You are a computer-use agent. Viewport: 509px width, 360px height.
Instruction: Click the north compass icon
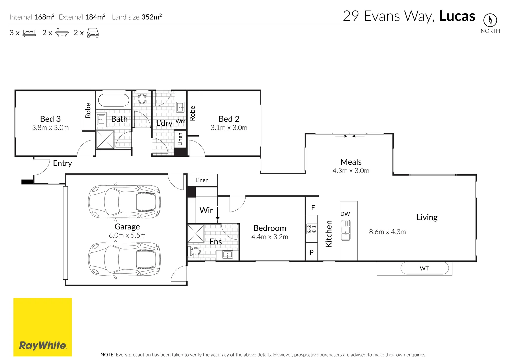(x=490, y=20)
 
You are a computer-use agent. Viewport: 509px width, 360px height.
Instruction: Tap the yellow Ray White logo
(x=42, y=327)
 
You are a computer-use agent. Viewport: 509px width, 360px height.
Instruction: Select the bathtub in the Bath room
(x=113, y=100)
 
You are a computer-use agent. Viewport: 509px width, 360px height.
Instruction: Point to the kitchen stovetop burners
(x=312, y=229)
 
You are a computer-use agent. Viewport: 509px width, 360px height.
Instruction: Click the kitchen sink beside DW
(x=345, y=230)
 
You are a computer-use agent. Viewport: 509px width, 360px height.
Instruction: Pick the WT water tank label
(x=424, y=268)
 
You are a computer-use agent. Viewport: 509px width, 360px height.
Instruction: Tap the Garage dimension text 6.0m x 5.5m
(x=127, y=235)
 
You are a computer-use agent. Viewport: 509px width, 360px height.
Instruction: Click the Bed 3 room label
(x=50, y=119)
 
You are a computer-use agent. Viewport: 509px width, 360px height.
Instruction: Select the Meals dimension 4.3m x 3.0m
(x=351, y=170)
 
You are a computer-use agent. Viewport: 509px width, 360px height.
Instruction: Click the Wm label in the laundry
(x=180, y=121)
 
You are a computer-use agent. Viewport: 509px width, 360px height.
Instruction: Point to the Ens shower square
(x=196, y=233)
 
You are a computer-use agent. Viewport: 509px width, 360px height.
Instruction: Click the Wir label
(x=206, y=210)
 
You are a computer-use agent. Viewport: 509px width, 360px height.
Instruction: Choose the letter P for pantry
(x=312, y=252)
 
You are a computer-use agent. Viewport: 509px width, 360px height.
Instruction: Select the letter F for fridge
(x=313, y=207)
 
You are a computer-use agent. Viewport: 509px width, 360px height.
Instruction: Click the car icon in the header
(x=93, y=33)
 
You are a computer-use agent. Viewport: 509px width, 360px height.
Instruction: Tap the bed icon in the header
(x=29, y=33)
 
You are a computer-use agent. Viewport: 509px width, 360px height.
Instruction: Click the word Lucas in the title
(x=457, y=16)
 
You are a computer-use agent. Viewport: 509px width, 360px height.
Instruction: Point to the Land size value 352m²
(x=152, y=17)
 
